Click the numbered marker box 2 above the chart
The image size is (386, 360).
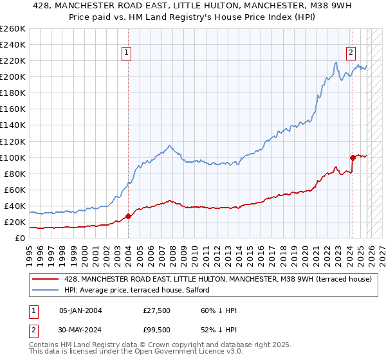click(351, 53)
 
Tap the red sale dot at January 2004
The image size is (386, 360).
click(128, 216)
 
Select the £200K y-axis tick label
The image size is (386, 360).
click(13, 76)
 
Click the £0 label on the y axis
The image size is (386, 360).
click(19, 238)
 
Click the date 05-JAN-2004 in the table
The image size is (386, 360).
click(81, 310)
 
